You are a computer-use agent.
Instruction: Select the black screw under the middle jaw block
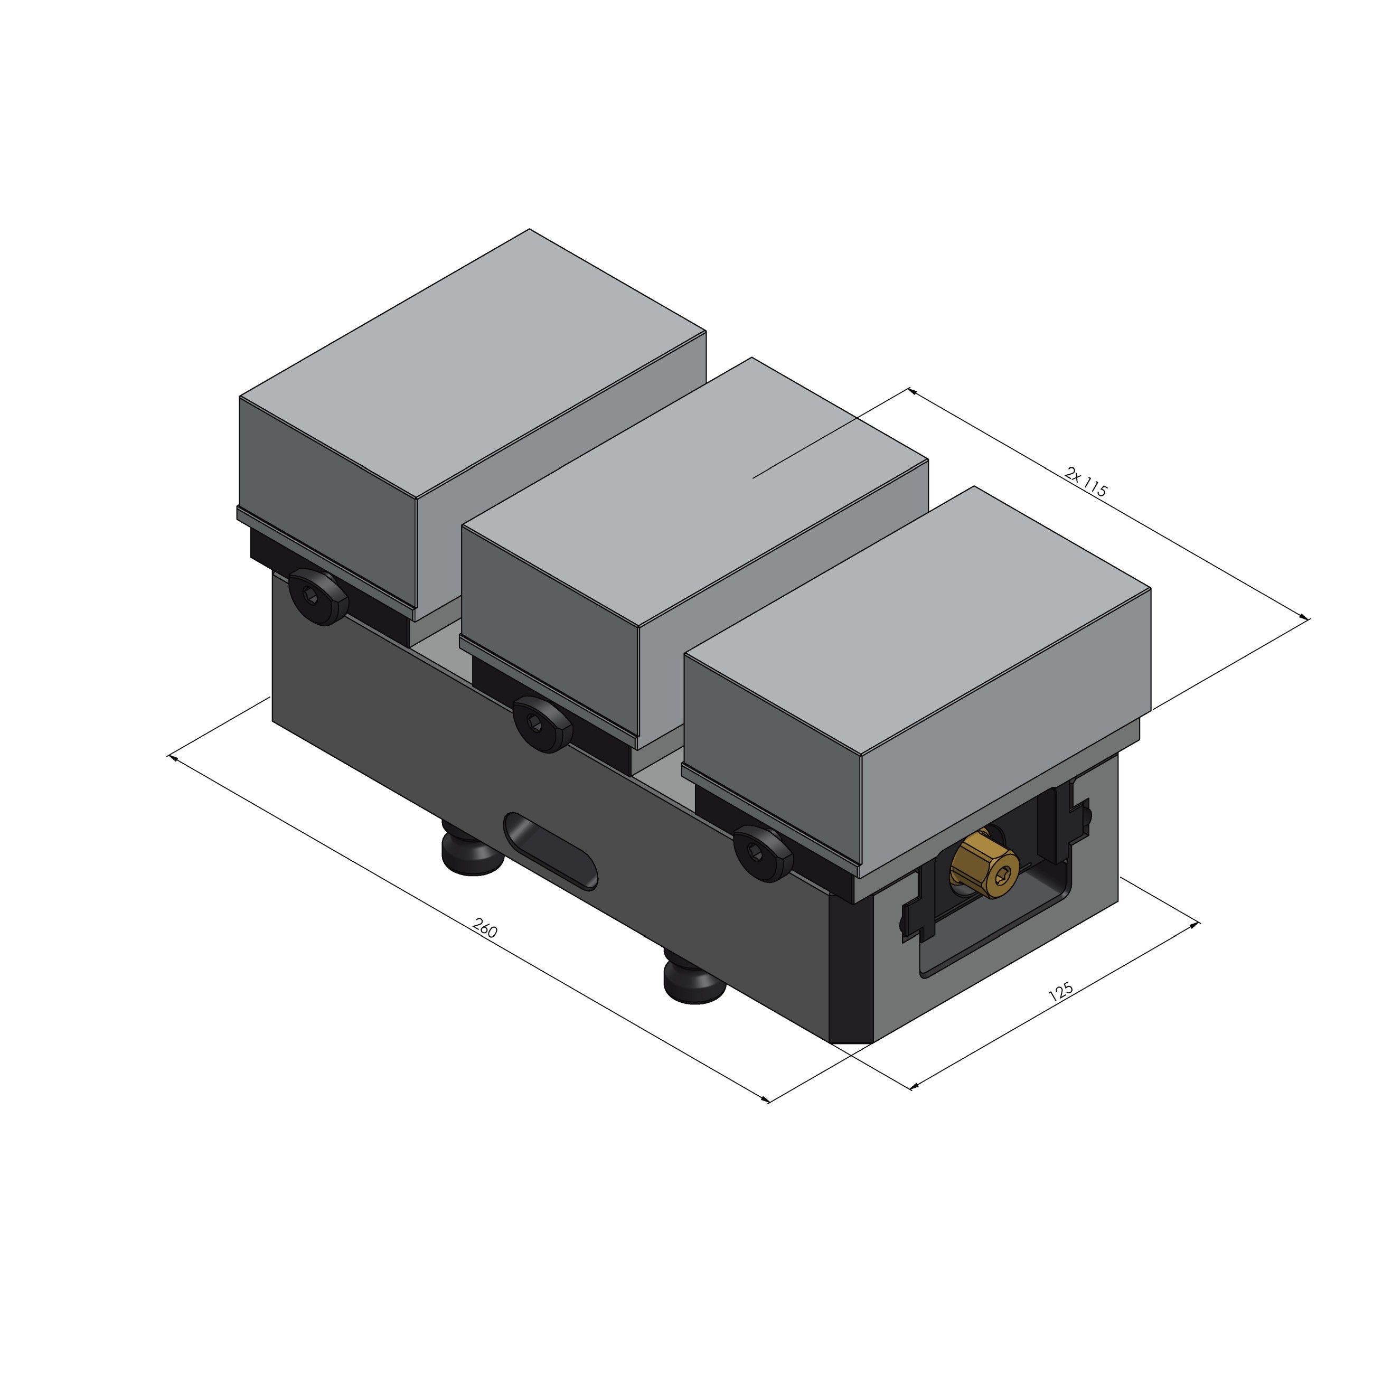543,724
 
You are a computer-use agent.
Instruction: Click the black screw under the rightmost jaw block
763,853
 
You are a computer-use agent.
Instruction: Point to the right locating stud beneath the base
693,981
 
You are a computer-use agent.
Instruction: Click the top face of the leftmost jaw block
473,362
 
